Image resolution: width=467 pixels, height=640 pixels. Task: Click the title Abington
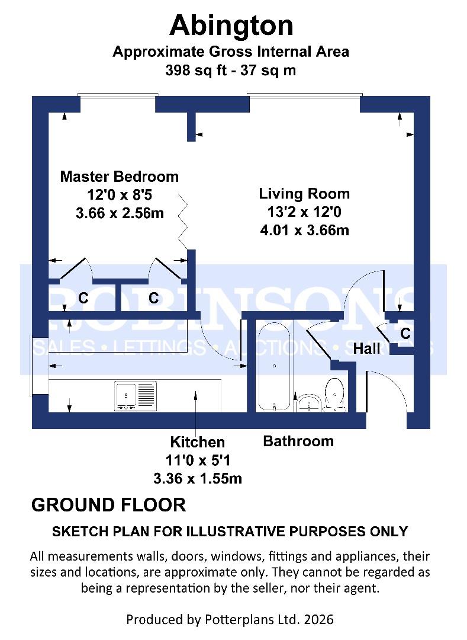click(x=231, y=26)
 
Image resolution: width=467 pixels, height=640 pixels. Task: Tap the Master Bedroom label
click(x=120, y=177)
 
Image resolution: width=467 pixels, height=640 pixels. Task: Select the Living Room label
click(x=304, y=194)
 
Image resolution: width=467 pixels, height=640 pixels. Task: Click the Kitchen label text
click(x=198, y=442)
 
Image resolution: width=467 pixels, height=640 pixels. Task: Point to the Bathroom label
click(x=298, y=441)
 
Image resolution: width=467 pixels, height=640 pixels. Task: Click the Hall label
click(x=366, y=349)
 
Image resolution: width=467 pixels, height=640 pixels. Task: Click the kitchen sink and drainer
click(x=136, y=396)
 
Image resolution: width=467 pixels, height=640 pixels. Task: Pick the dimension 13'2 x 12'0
click(x=304, y=212)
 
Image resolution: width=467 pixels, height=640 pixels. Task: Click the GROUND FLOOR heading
click(x=108, y=505)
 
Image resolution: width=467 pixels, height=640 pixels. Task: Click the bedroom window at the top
click(x=118, y=95)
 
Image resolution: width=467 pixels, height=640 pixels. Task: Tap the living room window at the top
click(x=304, y=95)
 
